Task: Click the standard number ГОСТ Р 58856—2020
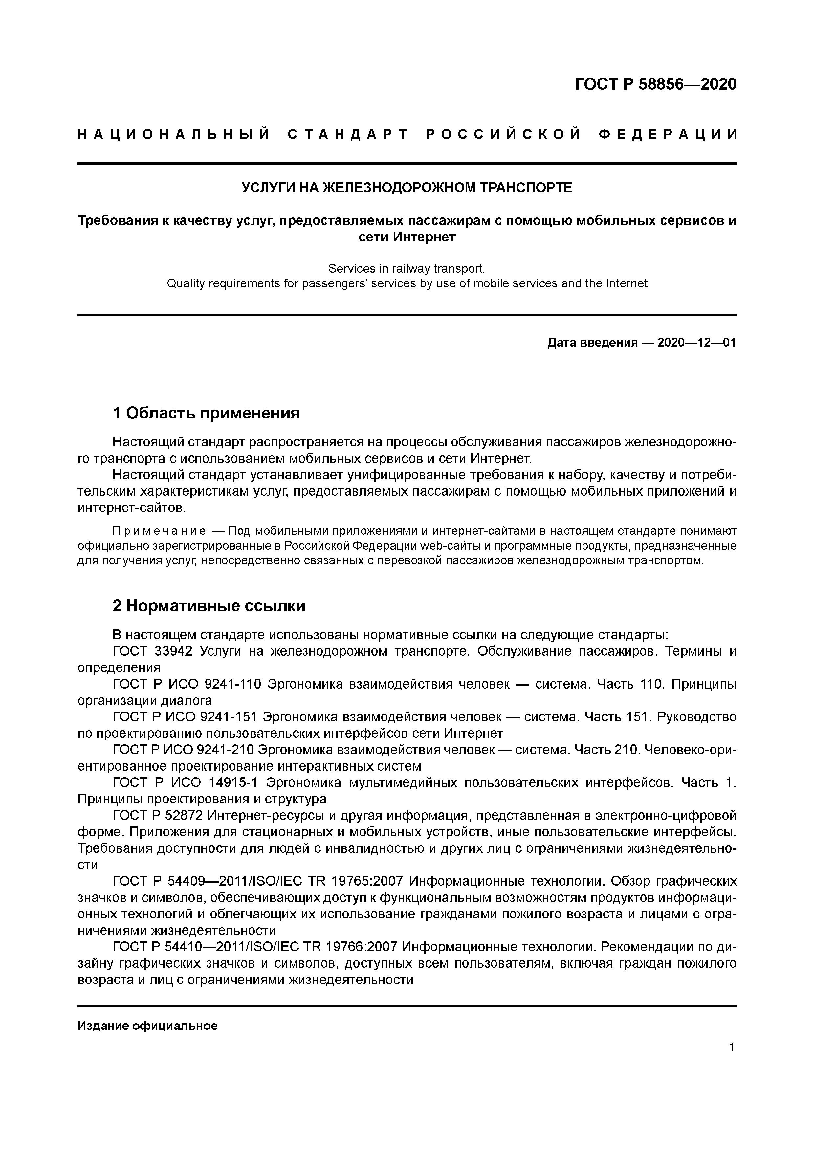(655, 84)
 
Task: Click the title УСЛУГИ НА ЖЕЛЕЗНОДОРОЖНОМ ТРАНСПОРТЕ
(407, 188)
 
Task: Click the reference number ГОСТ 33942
(152, 651)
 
